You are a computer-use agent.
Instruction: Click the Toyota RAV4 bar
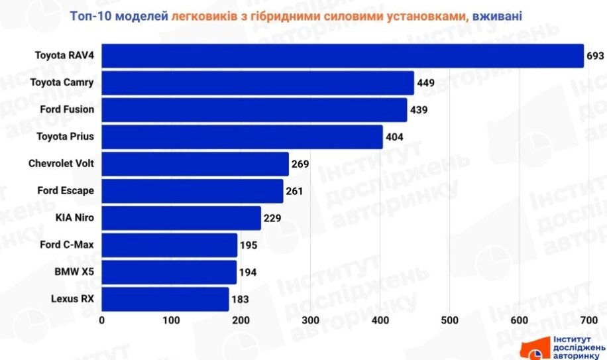tap(342, 56)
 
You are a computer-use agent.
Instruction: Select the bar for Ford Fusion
tap(254, 110)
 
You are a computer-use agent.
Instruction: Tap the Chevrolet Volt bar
tap(195, 164)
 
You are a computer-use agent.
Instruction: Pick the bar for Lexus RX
tap(165, 299)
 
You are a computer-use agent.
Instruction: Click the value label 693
tap(594, 56)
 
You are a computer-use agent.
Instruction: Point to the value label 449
tap(425, 84)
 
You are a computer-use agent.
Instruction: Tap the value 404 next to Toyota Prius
tap(394, 137)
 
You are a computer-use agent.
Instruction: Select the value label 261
tap(294, 192)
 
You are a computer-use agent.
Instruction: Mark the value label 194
tap(248, 272)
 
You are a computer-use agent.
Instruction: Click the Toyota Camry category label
tap(62, 83)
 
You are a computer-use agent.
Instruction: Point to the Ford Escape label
tap(66, 191)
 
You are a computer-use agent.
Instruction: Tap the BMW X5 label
tap(74, 271)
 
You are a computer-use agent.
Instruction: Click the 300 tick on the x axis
tap(311, 320)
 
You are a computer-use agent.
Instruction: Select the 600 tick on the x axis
tap(520, 320)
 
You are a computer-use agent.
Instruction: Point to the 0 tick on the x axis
tap(102, 320)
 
